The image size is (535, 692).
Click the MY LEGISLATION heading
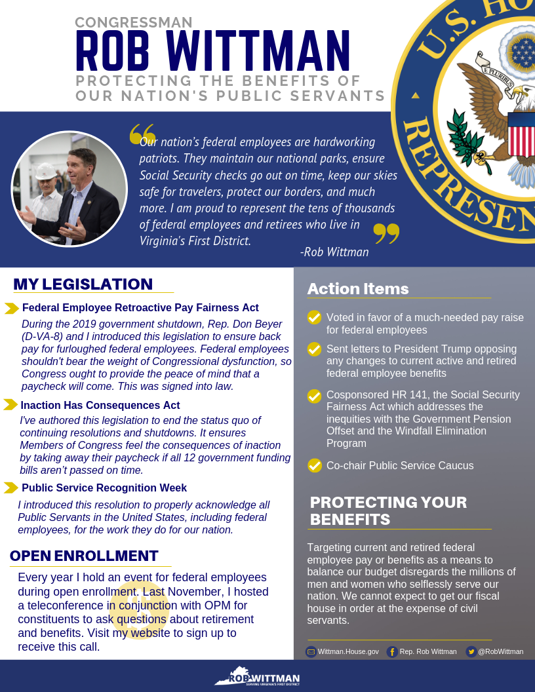click(x=83, y=284)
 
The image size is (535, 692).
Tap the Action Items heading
click(x=358, y=289)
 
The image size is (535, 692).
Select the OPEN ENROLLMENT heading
click(x=84, y=556)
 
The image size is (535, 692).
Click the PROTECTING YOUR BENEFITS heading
click(x=388, y=511)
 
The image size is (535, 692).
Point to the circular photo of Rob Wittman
click(x=69, y=189)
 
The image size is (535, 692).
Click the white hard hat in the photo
click(x=45, y=171)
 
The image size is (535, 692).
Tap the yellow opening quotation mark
click(x=142, y=133)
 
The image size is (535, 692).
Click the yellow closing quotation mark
click(x=386, y=233)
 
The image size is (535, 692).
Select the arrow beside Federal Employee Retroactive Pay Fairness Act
click(x=12, y=308)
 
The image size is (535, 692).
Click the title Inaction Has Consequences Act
click(x=100, y=405)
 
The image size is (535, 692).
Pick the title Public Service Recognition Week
click(x=104, y=488)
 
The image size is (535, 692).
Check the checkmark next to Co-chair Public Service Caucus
click(x=315, y=465)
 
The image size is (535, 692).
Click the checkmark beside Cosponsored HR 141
click(x=315, y=396)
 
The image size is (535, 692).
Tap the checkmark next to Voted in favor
click(x=315, y=318)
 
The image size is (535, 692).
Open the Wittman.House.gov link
click(x=348, y=651)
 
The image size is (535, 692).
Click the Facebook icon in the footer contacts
click(x=392, y=651)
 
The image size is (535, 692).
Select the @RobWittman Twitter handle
click(x=500, y=651)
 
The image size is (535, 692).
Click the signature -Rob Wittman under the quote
click(x=334, y=252)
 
